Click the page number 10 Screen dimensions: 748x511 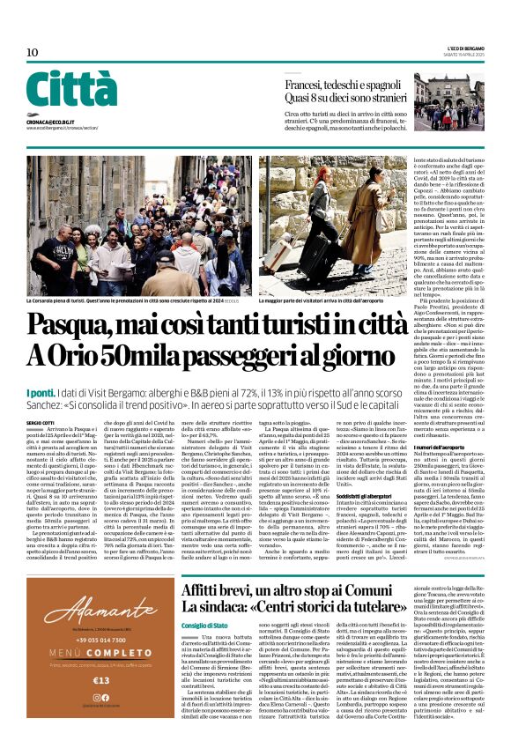click(x=33, y=53)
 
